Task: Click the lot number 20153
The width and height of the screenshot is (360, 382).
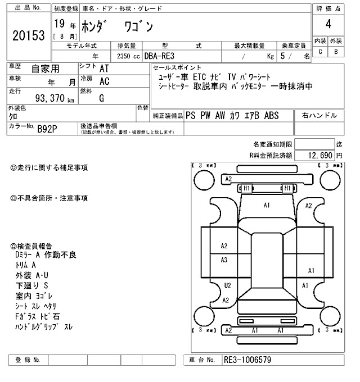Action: point(28,35)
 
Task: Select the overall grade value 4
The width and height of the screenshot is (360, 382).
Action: point(328,24)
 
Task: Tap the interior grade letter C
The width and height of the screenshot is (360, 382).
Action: point(320,52)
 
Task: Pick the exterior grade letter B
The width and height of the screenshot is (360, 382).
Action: point(336,52)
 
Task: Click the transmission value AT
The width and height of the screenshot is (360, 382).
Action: point(104,68)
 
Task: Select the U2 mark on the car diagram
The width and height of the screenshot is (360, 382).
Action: point(227,285)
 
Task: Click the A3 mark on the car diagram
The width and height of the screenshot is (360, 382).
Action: point(224,260)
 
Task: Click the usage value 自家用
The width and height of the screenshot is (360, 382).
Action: point(44,69)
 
